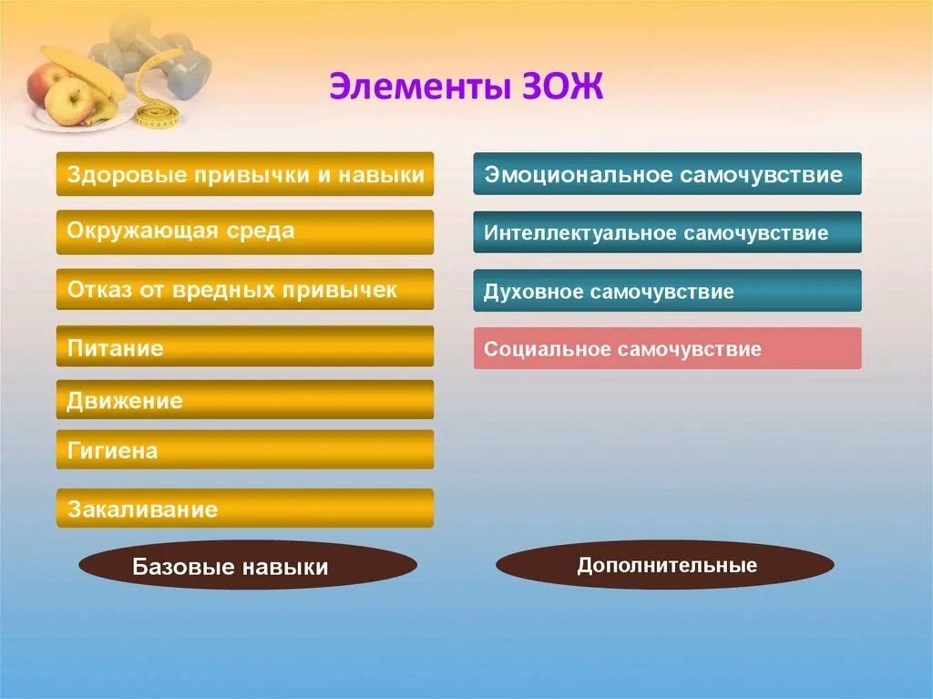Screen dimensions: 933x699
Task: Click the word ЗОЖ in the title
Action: click(x=563, y=87)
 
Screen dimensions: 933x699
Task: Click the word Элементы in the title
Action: click(x=420, y=87)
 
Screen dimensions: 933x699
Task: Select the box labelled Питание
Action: click(x=245, y=346)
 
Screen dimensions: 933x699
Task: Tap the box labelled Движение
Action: click(x=245, y=399)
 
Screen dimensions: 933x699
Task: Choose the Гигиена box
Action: click(x=245, y=449)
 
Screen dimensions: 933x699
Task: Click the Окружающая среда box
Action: click(x=245, y=232)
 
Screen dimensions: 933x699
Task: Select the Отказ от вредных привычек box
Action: click(x=245, y=290)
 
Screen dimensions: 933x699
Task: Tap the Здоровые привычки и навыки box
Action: click(x=245, y=174)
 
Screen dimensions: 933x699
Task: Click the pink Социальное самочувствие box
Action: click(x=668, y=348)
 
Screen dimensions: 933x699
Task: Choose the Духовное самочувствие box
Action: click(x=668, y=291)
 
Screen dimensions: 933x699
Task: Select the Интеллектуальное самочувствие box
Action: click(x=668, y=232)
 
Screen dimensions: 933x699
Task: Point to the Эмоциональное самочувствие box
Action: click(x=668, y=174)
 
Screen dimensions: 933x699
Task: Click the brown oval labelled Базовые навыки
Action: click(x=248, y=565)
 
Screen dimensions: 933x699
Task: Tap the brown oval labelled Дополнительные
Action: click(x=665, y=564)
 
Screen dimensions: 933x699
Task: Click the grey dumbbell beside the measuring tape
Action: click(x=179, y=66)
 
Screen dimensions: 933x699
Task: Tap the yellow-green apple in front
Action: click(x=70, y=101)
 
